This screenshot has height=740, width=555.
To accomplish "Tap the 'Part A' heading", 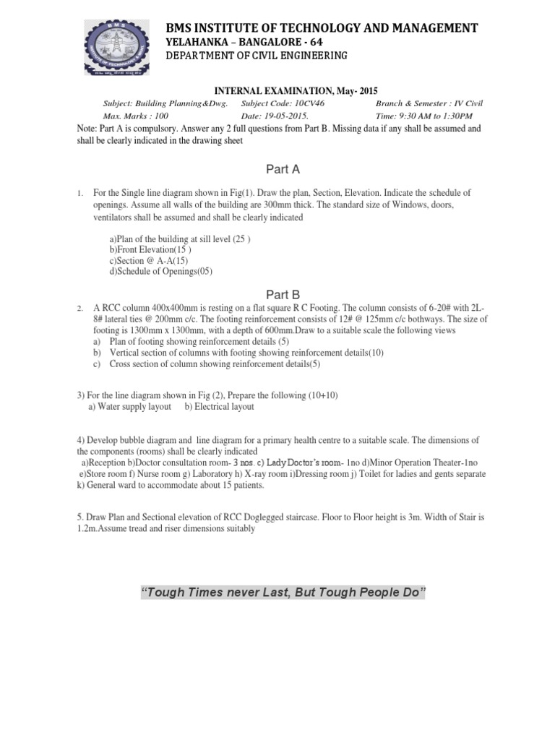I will point(283,169).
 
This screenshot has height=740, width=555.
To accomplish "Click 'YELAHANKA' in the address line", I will point(196,42).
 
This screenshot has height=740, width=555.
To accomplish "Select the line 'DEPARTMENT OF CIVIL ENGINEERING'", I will point(257,56).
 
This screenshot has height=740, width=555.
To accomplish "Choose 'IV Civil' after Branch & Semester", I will point(477,103).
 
